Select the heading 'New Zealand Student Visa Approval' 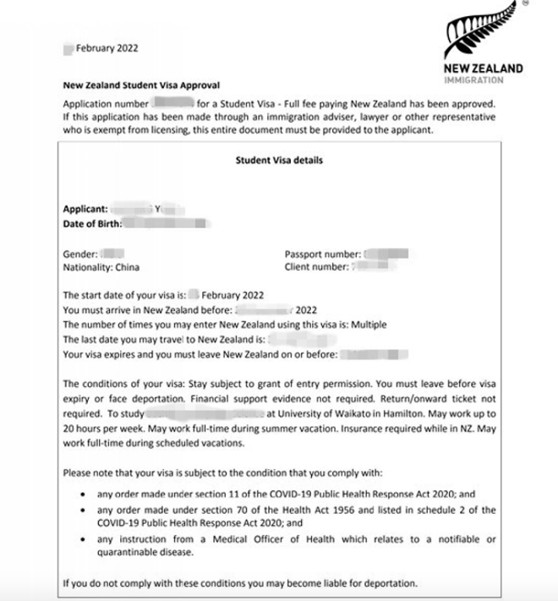click(x=141, y=85)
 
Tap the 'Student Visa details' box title click(x=279, y=160)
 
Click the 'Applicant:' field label click(x=85, y=208)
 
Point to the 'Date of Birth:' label click(x=93, y=223)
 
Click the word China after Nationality click(x=126, y=267)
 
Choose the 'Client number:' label click(x=316, y=267)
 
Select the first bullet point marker click(x=82, y=494)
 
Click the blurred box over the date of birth click(x=167, y=223)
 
